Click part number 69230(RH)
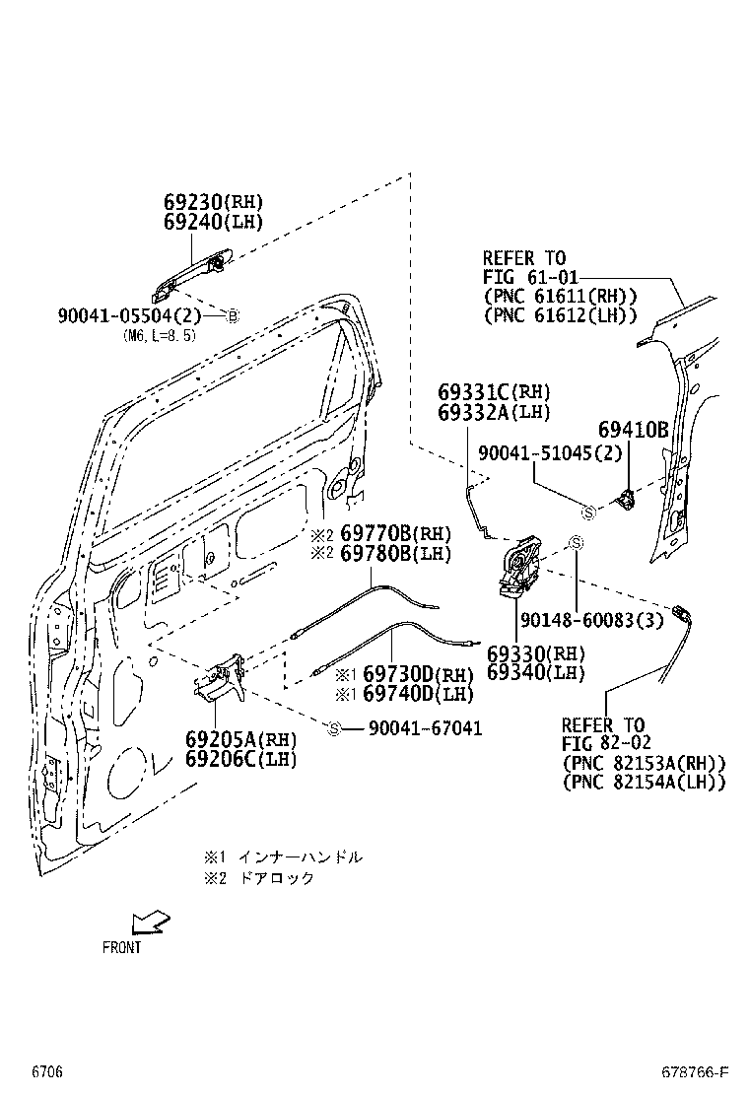[x=214, y=202]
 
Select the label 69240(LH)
[x=214, y=222]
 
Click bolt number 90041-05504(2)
[x=129, y=315]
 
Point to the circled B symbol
[x=234, y=315]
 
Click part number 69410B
[x=633, y=430]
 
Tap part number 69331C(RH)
[x=494, y=392]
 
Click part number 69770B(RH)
[x=394, y=533]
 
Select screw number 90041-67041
[x=425, y=728]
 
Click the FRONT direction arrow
[x=151, y=922]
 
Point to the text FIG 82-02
[x=606, y=743]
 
